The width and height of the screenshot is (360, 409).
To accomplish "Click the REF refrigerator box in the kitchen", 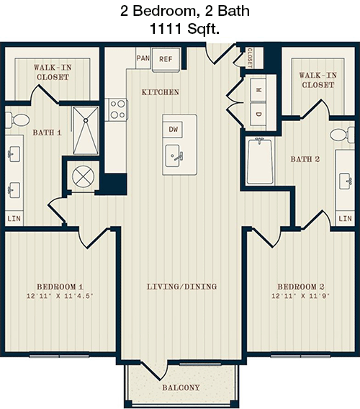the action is pos(166,59).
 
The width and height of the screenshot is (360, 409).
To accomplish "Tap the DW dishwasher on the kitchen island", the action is pos(173,130).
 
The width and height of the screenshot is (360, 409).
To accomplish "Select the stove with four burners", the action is pos(117,109).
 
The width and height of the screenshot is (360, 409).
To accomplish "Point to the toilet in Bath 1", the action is pos(17,120).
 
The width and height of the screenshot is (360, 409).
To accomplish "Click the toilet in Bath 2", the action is pos(342,135).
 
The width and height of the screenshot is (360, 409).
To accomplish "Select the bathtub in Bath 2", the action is pos(261,161).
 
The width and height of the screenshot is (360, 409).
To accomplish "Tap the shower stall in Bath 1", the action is pos(86,130).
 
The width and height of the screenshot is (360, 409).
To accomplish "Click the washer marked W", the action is pos(258,90).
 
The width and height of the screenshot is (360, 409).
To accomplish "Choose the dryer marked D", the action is pos(258,114).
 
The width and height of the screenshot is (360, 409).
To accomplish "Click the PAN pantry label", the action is pos(143,58).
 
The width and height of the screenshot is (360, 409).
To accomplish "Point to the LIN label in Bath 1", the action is pos(14,218).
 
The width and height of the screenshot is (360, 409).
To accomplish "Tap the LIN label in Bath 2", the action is pos(345,218).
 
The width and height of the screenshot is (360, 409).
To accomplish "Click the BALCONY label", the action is pos(181,387).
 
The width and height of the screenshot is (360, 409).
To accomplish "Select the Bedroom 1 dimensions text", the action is pos(60,296).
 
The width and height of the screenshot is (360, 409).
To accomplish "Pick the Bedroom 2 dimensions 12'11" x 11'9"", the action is pos(300,296).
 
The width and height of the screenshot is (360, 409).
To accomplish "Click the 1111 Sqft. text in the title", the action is pos(185,29).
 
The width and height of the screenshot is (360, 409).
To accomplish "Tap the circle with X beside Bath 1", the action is pos(84,176).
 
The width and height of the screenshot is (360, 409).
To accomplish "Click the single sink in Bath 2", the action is pos(346,181).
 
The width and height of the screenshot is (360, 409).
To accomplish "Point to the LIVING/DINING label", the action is pos(182,287).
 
